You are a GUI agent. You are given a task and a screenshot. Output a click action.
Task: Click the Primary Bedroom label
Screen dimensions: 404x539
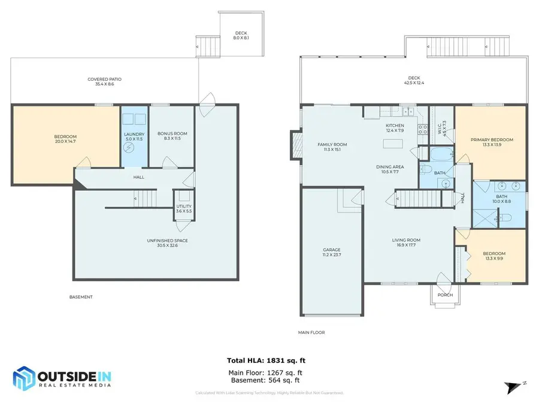[491, 140]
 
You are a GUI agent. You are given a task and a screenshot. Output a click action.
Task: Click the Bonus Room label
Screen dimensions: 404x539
[172, 133]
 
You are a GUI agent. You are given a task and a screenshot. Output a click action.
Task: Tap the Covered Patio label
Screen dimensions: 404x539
[100, 79]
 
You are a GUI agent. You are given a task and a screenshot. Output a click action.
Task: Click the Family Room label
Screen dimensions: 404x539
[332, 144]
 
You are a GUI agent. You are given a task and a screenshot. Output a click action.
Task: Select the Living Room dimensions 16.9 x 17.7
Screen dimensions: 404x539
[406, 245]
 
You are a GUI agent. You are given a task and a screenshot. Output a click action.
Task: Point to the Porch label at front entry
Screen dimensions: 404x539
[445, 295]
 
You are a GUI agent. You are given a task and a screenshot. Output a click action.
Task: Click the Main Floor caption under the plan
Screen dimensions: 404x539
[311, 332]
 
